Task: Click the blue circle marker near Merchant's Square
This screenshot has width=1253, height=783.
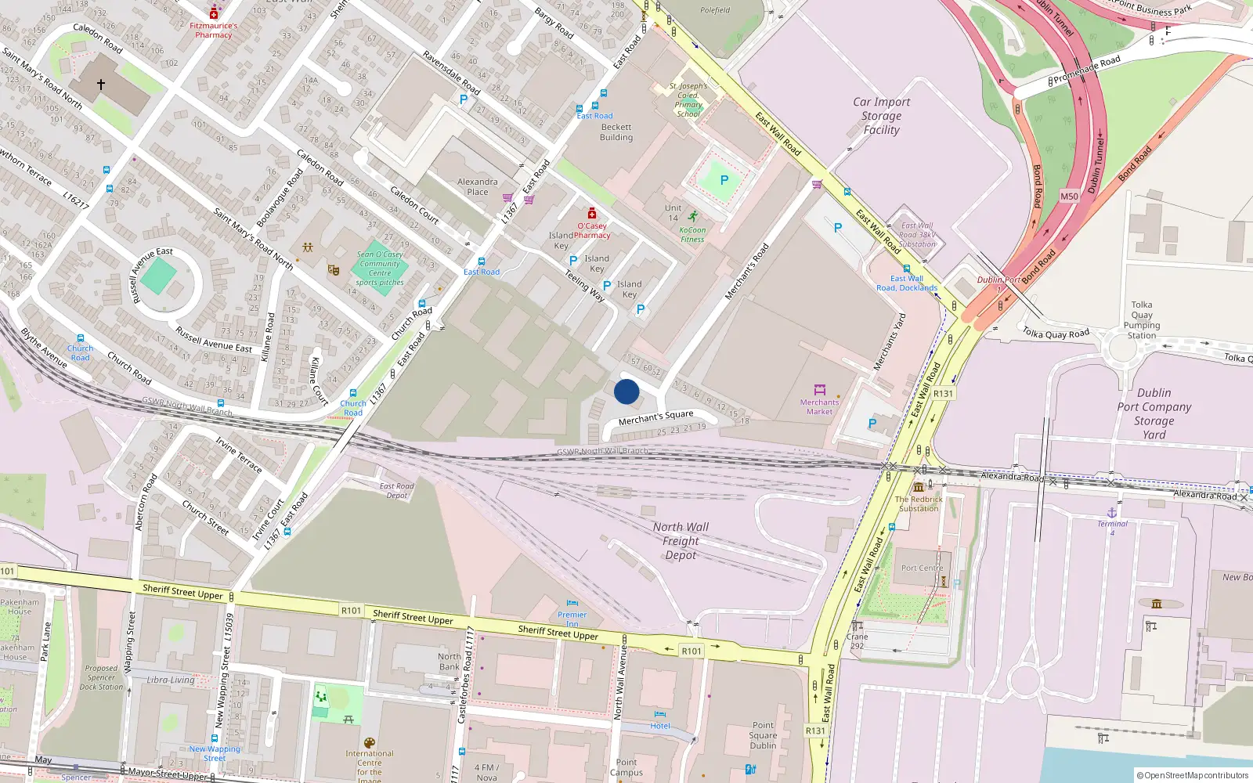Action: (626, 391)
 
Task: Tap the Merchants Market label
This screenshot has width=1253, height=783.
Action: (819, 407)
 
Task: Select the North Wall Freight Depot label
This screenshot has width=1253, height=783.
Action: (681, 541)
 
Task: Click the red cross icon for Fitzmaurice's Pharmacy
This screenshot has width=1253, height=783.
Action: (214, 14)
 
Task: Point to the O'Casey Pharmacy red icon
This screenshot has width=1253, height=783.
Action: (592, 214)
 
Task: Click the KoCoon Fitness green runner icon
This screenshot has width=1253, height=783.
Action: (692, 216)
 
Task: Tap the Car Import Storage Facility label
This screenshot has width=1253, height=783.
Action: (882, 116)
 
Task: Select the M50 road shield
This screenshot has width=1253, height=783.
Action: (1069, 197)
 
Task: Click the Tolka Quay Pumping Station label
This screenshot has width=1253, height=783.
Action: (1141, 320)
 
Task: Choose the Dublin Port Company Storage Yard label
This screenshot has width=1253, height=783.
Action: (1154, 413)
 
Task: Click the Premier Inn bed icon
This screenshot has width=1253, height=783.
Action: (572, 604)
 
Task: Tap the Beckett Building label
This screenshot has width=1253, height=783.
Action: (616, 132)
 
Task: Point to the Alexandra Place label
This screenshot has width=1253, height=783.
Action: (477, 186)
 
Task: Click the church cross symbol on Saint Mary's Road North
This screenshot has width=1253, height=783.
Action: (101, 84)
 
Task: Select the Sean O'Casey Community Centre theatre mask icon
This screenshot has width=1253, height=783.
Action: (334, 269)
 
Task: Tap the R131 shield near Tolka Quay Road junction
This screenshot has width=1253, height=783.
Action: (944, 394)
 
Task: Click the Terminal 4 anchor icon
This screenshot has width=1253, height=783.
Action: (1112, 512)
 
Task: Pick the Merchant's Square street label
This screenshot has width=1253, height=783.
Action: (655, 417)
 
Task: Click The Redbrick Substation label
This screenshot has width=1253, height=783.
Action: (919, 503)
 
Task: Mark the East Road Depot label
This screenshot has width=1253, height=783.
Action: (397, 491)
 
